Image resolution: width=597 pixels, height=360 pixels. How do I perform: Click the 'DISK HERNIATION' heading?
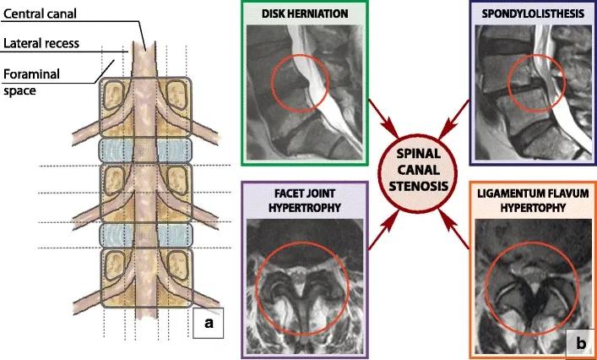coord(305,13)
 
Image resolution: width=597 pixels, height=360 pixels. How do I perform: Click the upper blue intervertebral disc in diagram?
coord(147,150)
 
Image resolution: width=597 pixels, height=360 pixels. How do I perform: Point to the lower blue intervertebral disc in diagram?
coord(147,234)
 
